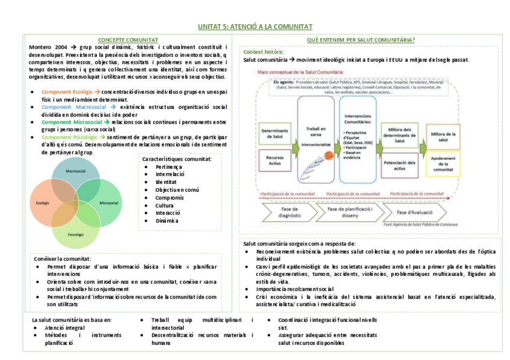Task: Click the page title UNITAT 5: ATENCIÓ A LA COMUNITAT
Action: pyautogui.click(x=255, y=27)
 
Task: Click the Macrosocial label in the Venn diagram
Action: pyautogui.click(x=76, y=172)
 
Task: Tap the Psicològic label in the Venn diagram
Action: pyautogui.click(x=75, y=234)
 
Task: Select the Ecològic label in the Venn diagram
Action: pyautogui.click(x=43, y=203)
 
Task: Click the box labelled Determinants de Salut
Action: pyautogui.click(x=274, y=133)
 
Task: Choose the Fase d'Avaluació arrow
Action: pyautogui.click(x=414, y=212)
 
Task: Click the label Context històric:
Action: pyautogui.click(x=264, y=52)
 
